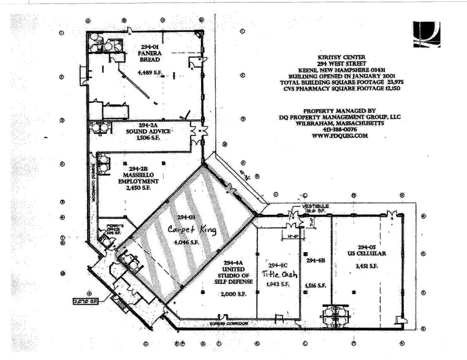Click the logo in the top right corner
(426, 34)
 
